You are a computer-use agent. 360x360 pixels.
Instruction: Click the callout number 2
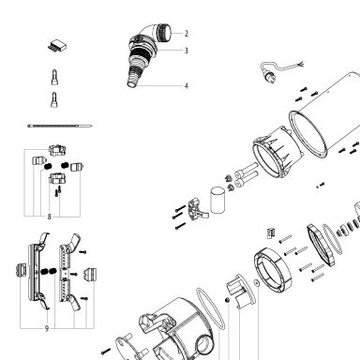(187, 34)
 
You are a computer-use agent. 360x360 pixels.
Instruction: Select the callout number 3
(187, 51)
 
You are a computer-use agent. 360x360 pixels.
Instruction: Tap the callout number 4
(187, 86)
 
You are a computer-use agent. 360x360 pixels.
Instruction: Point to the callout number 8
(49, 217)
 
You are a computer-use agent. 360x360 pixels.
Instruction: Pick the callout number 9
(47, 328)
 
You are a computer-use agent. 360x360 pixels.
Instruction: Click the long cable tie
(60, 126)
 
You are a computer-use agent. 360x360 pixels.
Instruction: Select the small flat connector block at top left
(57, 46)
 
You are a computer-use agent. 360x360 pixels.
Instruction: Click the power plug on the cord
(269, 75)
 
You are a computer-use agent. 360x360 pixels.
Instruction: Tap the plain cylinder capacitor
(217, 201)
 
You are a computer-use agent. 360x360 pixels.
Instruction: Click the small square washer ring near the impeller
(257, 283)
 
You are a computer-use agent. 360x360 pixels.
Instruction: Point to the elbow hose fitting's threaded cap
(165, 33)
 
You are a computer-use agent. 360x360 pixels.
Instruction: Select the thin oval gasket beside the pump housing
(210, 308)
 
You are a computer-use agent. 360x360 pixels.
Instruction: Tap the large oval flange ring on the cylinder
(307, 134)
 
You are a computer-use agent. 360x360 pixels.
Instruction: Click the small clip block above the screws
(271, 232)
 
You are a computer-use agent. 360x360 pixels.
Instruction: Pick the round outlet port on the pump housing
(205, 344)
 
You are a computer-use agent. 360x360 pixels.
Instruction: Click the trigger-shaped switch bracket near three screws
(197, 209)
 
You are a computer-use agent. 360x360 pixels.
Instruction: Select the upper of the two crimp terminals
(54, 77)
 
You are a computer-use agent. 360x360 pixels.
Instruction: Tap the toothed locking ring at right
(321, 245)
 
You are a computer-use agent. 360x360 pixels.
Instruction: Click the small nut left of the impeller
(228, 300)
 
